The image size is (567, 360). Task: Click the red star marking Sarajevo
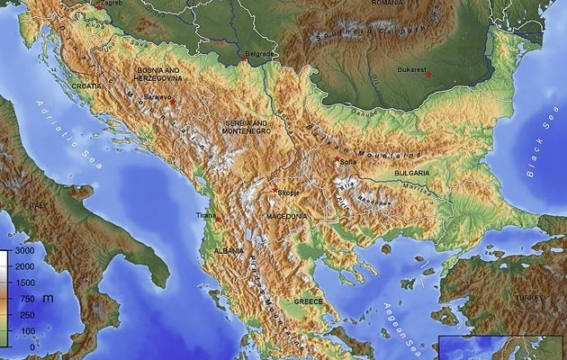coord(172,102)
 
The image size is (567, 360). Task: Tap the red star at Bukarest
coord(428,74)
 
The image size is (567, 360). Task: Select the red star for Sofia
coord(337,159)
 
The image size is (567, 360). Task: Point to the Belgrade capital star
coord(244,60)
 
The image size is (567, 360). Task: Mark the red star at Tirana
coord(217,217)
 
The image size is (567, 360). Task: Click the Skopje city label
coord(289,192)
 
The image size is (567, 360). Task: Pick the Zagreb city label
coord(112,4)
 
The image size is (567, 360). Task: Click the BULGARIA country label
coord(410,173)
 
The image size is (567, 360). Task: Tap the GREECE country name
coord(309,301)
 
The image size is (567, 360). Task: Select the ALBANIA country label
coord(228,250)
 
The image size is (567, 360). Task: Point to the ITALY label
coord(37,205)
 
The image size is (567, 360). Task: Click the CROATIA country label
coord(87,85)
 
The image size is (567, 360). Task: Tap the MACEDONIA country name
coord(286,217)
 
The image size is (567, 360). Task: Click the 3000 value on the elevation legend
coord(24,251)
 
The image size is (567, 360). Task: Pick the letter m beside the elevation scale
coord(48,298)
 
